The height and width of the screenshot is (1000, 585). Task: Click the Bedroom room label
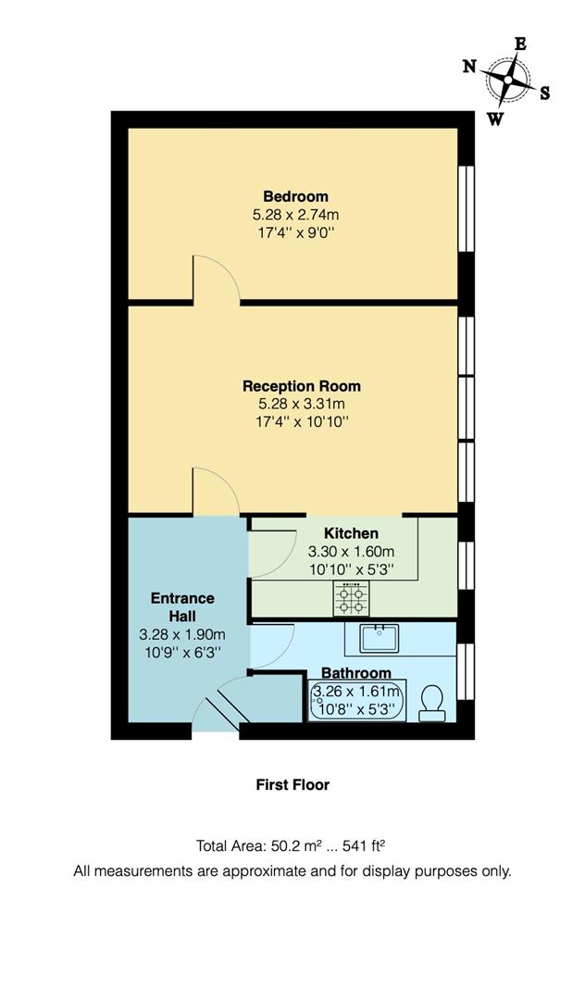295,196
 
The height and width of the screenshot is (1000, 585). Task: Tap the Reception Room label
302,386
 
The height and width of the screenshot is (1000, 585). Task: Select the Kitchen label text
351,533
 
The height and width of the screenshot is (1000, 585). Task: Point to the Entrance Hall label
182,606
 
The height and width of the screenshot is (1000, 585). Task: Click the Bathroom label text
355,673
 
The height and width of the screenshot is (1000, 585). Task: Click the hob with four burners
352,600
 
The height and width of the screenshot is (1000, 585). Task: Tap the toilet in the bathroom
431,704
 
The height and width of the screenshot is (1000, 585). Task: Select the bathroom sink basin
380,638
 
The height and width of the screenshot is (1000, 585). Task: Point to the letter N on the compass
469,66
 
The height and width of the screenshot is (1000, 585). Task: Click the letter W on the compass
496,119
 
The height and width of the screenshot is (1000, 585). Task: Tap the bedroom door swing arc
215,278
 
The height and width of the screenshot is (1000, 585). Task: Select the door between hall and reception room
215,491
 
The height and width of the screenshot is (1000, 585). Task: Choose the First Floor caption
292,784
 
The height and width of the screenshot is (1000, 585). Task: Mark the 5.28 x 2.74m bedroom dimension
295,215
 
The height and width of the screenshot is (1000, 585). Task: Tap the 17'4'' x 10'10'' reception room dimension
302,422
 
